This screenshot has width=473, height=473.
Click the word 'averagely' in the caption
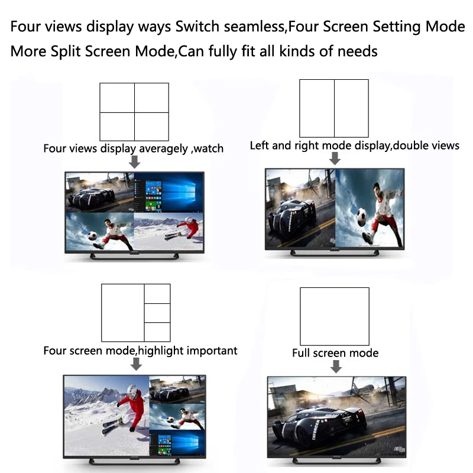[164, 149]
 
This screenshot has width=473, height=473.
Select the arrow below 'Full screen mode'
[336, 367]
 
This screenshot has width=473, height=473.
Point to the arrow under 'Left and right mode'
[335, 158]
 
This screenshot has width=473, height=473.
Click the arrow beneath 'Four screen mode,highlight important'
[136, 364]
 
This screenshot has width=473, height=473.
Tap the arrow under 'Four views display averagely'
[135, 161]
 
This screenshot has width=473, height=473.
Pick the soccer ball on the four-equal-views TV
[93, 235]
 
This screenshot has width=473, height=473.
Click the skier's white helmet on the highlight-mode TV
[132, 390]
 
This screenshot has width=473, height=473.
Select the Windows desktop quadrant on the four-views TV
[169, 193]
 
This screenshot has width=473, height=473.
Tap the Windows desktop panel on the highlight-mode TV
[177, 444]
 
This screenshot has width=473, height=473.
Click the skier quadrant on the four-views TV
[169, 232]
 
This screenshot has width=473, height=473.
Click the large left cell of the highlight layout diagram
[123, 313]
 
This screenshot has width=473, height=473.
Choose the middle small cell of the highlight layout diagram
[157, 313]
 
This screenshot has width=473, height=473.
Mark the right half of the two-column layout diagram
[351, 108]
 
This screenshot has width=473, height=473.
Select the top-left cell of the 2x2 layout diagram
[117, 98]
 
